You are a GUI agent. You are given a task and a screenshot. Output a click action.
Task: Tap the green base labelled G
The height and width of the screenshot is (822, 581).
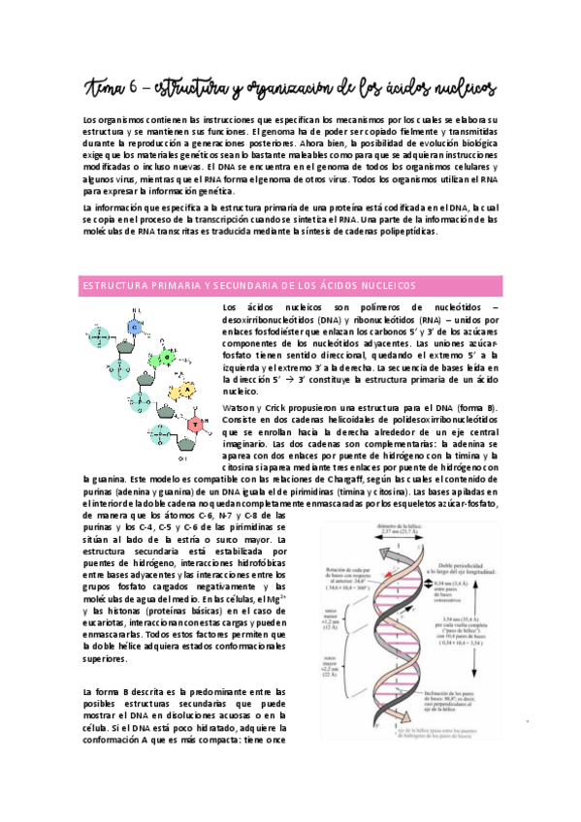[x=166, y=355]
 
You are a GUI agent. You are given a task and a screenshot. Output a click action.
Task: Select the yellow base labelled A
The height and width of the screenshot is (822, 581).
[x=189, y=389]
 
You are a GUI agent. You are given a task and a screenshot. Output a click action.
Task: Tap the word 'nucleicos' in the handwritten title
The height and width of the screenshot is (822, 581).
[x=461, y=88]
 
